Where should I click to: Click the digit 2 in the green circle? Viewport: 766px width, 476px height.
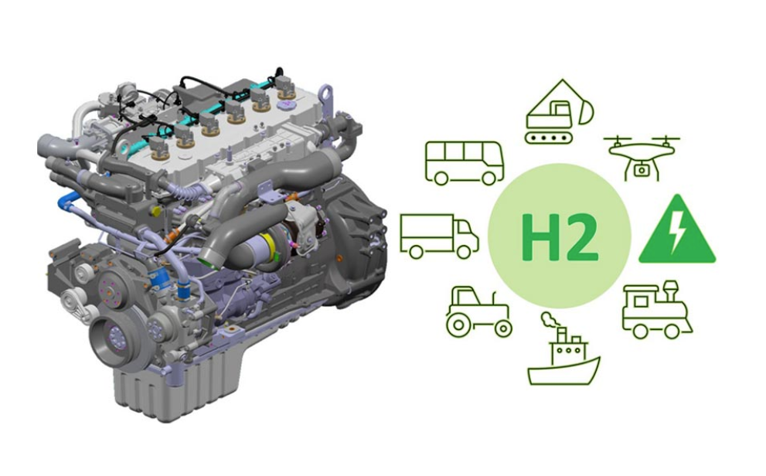pyautogui.click(x=580, y=236)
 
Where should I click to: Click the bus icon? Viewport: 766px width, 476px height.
pyautogui.click(x=465, y=163)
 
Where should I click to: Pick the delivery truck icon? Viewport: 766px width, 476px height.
pyautogui.click(x=439, y=236)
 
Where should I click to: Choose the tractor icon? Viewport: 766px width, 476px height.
pyautogui.click(x=478, y=311)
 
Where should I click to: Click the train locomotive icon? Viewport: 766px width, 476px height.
pyautogui.click(x=657, y=310)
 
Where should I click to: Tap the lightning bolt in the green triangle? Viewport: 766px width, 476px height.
pyautogui.click(x=677, y=229)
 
